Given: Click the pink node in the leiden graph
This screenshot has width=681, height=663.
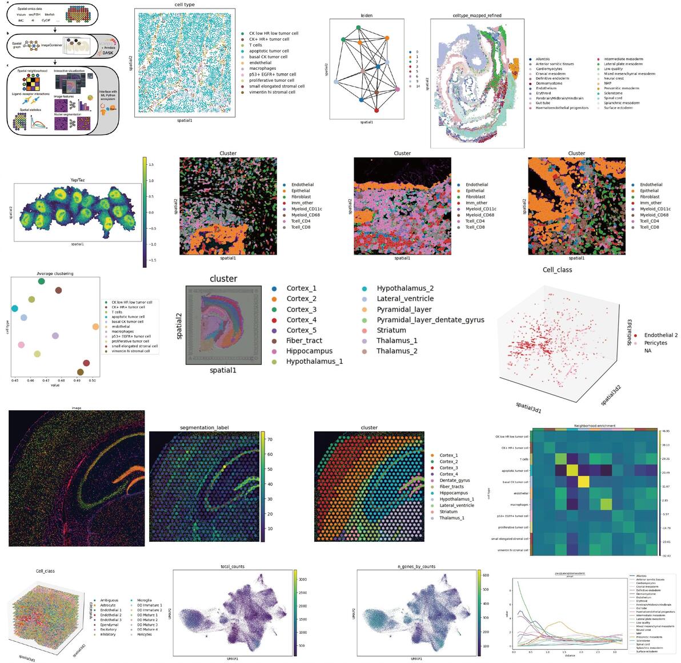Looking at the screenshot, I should click(x=396, y=89).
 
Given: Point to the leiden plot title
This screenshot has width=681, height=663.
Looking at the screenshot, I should click(x=367, y=15).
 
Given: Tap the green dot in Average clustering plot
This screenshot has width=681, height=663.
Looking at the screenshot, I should click(x=41, y=281).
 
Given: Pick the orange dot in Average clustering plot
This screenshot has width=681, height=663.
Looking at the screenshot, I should click(x=95, y=327).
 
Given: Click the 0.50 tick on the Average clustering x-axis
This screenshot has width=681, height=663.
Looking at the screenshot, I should click(x=93, y=379).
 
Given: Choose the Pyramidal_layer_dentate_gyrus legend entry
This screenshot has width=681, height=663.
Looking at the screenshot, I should click(x=430, y=320).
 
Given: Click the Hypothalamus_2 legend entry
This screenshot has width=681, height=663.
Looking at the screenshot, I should click(x=405, y=288).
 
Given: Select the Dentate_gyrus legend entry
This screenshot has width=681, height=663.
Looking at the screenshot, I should click(x=454, y=481).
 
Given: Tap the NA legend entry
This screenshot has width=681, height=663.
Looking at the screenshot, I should click(x=647, y=351).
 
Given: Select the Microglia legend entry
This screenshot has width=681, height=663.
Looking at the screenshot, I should click(x=143, y=600).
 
